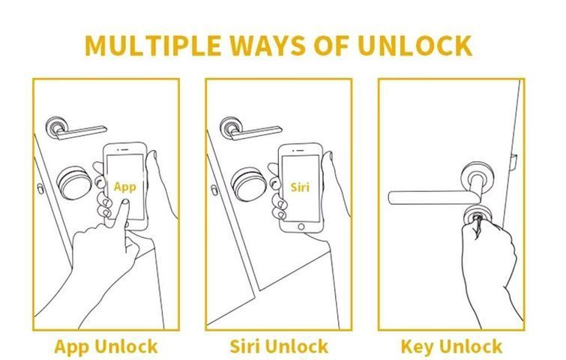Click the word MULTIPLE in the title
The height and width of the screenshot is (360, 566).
(x=153, y=46)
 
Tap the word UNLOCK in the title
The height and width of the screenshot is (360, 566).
(x=415, y=46)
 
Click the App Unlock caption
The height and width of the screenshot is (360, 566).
(x=106, y=347)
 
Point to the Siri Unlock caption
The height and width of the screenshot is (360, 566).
(x=279, y=346)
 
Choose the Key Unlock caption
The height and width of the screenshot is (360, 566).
(x=451, y=347)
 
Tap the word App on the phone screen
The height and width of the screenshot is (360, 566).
(x=125, y=187)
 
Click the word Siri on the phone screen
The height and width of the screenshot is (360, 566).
(x=300, y=187)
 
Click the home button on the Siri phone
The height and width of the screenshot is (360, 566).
(x=301, y=226)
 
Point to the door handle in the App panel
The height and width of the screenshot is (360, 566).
(x=75, y=128)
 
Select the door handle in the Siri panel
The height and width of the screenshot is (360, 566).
(x=250, y=128)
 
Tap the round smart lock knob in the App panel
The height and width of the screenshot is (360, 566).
(x=74, y=183)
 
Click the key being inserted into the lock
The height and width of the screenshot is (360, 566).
(x=478, y=224)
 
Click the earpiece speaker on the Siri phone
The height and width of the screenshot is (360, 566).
(x=300, y=150)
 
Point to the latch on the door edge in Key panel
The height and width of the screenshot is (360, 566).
(x=514, y=163)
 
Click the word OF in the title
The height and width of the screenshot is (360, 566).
(x=331, y=46)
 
